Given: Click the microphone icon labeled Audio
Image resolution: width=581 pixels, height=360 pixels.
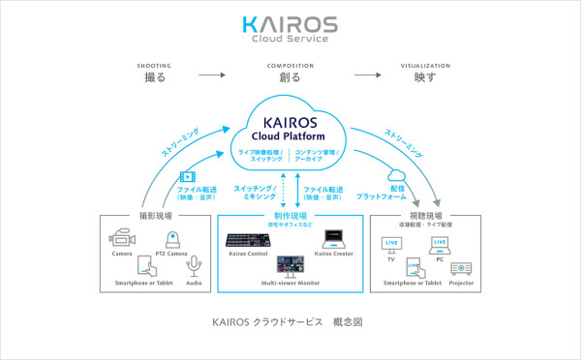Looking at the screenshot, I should point(195,265).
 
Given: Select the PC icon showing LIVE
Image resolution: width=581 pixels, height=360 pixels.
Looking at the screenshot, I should point(440,242).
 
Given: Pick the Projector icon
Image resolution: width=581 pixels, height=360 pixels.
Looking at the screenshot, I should point(461,268).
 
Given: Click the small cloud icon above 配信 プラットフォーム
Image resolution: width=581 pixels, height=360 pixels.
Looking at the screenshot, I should point(395,176).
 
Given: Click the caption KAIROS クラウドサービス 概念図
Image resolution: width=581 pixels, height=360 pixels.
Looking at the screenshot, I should point(290,320).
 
